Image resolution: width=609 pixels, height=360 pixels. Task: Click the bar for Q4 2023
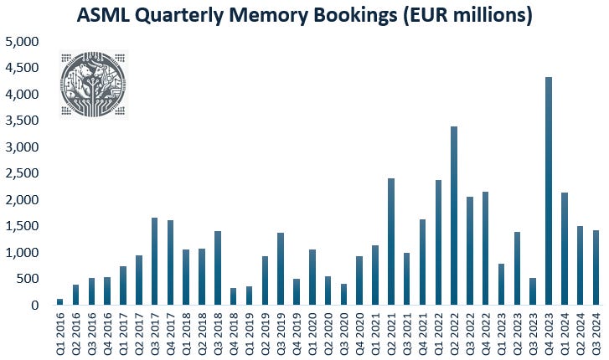click(549, 191)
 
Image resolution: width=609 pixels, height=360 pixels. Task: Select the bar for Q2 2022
click(454, 215)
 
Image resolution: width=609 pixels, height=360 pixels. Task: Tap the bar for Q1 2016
click(59, 301)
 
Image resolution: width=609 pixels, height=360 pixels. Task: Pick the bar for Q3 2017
click(155, 261)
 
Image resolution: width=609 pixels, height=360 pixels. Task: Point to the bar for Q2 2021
click(391, 242)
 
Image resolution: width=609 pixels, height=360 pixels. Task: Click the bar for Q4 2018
click(234, 296)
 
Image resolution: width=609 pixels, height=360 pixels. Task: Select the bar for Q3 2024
click(596, 268)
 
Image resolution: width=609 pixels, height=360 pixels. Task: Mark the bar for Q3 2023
click(533, 291)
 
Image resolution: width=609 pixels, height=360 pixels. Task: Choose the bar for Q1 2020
click(312, 277)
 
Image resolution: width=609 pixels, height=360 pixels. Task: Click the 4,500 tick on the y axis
click(22, 68)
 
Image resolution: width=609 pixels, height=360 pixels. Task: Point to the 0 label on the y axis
click(35, 306)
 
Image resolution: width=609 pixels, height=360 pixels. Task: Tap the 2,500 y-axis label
click(22, 173)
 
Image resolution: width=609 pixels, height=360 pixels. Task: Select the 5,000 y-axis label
click(22, 42)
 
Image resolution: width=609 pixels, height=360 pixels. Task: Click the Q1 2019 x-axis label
click(250, 333)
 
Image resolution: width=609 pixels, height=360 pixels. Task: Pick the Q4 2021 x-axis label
click(422, 333)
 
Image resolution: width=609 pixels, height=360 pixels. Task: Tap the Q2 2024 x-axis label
click(581, 333)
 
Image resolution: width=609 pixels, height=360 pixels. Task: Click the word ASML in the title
click(103, 15)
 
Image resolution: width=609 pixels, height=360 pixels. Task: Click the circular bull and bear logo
click(93, 84)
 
